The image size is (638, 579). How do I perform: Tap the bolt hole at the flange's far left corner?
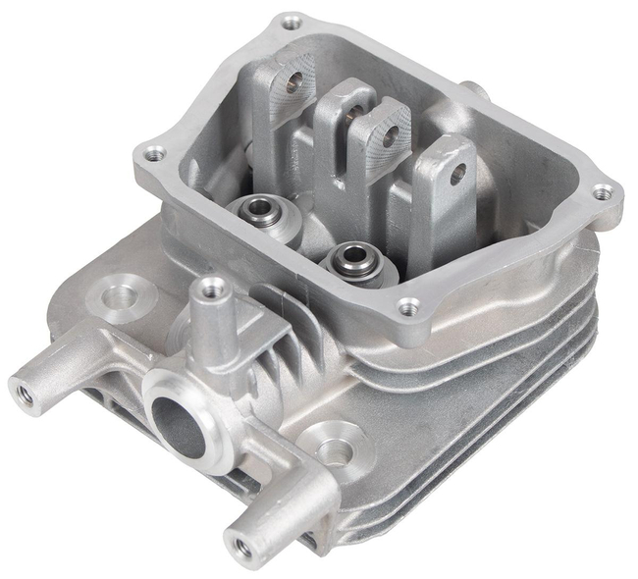153,153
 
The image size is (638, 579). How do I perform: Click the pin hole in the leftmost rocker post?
291,87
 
